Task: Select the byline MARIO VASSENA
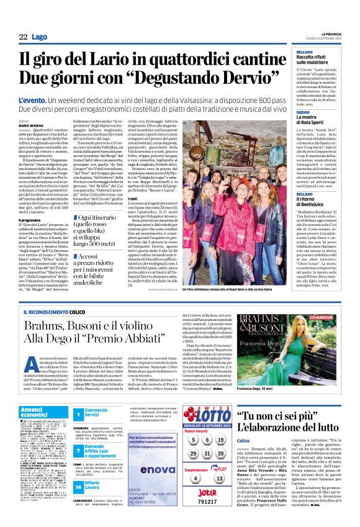pos(31,125)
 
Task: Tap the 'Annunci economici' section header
pos(38,413)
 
